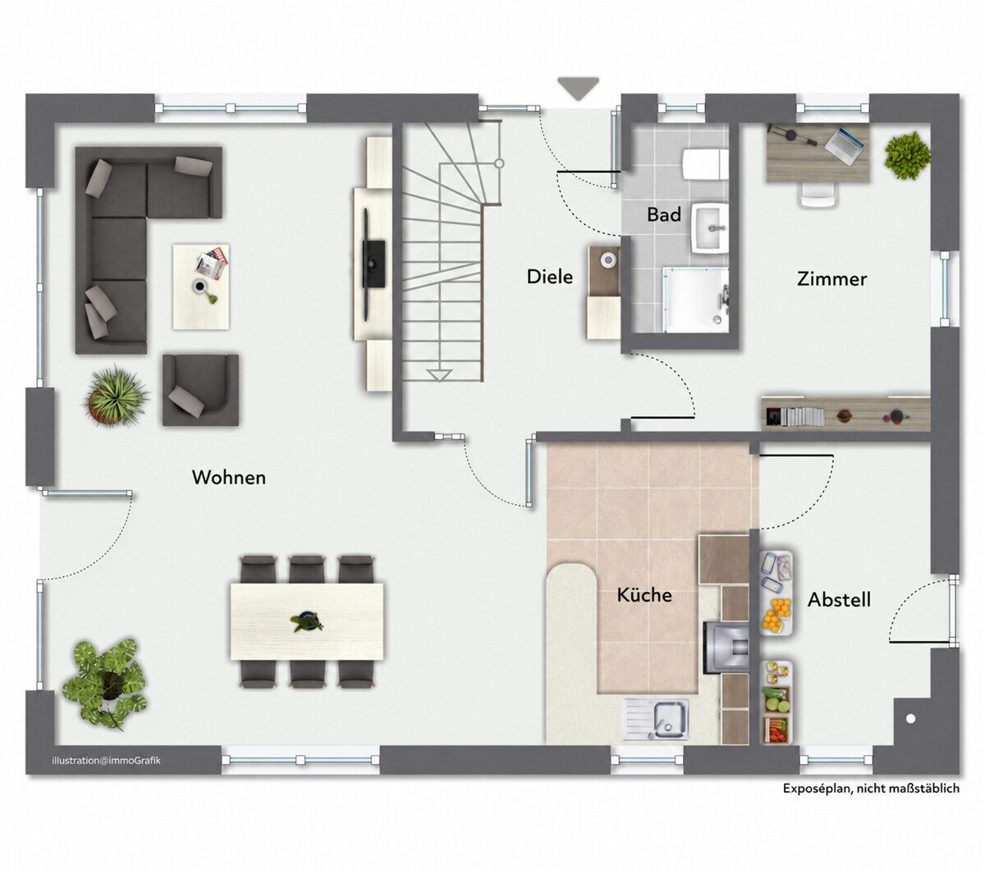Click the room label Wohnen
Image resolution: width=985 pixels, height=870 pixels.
coord(228,478)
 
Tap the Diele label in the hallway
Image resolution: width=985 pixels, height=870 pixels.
coord(549,277)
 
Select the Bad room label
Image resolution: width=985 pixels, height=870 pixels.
coord(663,214)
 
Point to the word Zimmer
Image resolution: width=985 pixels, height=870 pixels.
coord(832,279)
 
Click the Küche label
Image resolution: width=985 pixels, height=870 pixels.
coord(644,595)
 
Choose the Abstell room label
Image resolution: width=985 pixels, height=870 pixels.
coord(839,600)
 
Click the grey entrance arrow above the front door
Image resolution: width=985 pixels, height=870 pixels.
coord(578,89)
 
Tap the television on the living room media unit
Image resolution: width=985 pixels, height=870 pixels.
coord(373,264)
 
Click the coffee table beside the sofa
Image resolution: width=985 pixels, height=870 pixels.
coord(201,287)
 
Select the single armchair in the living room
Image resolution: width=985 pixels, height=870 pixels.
coord(200,390)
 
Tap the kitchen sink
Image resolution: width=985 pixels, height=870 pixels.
coord(657,719)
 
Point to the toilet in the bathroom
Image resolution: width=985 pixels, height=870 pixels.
coord(705,164)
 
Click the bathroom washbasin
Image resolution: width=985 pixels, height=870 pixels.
coord(710,228)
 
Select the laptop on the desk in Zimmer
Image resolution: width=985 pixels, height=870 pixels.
coord(845,145)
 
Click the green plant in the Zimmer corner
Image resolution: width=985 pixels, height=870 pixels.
coord(907,155)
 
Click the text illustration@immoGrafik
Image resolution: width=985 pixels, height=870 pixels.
coord(106,761)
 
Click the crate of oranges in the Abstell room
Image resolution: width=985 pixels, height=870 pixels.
coord(777,616)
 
